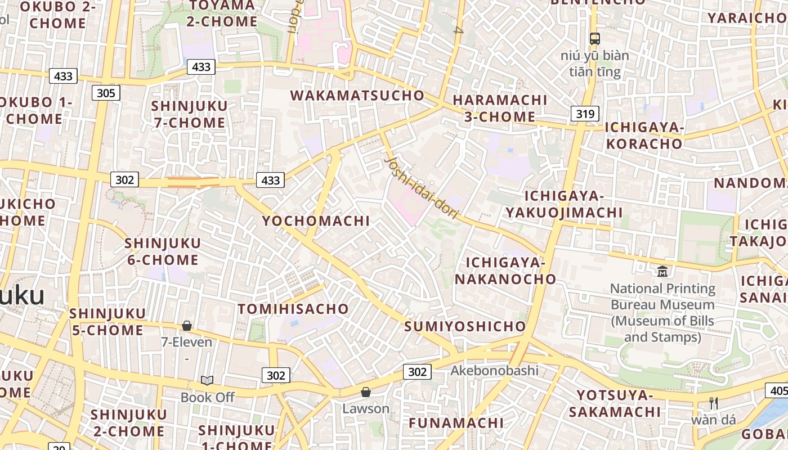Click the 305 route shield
[x=106, y=93]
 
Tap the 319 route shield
[x=585, y=114]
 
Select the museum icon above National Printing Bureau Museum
[x=662, y=271]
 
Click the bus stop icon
[x=594, y=38]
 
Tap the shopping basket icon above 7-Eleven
[x=187, y=326]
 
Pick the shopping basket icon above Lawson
[x=366, y=392]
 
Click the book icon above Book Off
[x=207, y=381]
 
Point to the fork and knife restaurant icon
[x=714, y=403]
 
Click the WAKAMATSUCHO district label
[x=357, y=95]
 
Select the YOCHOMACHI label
[x=316, y=221]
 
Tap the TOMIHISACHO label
[x=293, y=309]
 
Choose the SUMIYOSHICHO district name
[x=465, y=326]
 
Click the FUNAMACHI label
[x=456, y=422]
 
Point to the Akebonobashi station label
[x=494, y=370]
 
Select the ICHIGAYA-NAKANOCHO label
[x=505, y=271]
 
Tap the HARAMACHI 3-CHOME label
[x=500, y=108]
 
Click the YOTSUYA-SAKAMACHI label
[x=615, y=403]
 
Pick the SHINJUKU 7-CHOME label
[x=189, y=114]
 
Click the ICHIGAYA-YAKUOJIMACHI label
[x=564, y=204]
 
